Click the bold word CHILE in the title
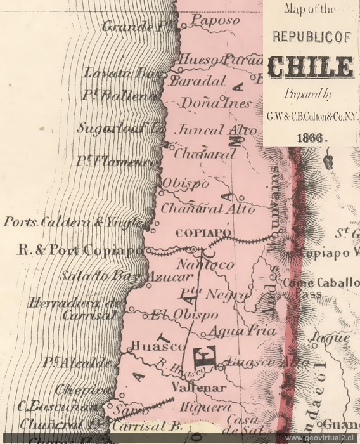(x=311, y=67)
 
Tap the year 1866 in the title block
(x=311, y=137)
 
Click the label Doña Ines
(x=208, y=102)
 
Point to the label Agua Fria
(x=237, y=330)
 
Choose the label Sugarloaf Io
(x=120, y=127)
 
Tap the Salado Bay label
(x=103, y=277)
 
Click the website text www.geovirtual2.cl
(x=321, y=438)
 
